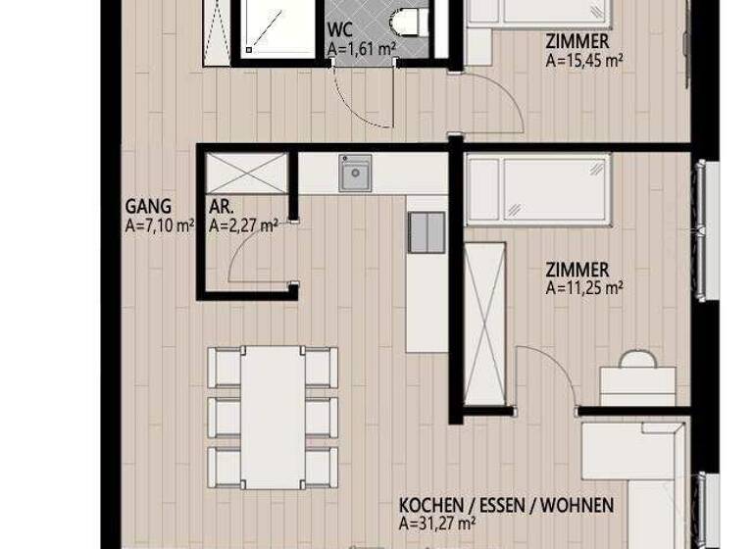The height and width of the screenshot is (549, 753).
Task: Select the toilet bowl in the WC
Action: point(405,21)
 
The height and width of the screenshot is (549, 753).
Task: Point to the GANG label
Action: point(148,207)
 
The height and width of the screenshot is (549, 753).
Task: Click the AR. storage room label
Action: point(220,207)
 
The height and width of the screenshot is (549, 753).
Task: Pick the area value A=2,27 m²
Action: point(243,224)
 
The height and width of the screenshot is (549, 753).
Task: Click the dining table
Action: point(273,415)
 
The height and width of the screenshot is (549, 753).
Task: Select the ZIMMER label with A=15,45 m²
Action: point(577,41)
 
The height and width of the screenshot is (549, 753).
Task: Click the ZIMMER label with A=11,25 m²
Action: point(577,270)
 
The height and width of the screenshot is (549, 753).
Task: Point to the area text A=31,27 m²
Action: point(437,524)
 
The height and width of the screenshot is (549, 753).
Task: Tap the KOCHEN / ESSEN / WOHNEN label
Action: point(506,506)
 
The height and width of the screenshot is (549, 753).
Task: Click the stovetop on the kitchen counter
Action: point(427,233)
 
